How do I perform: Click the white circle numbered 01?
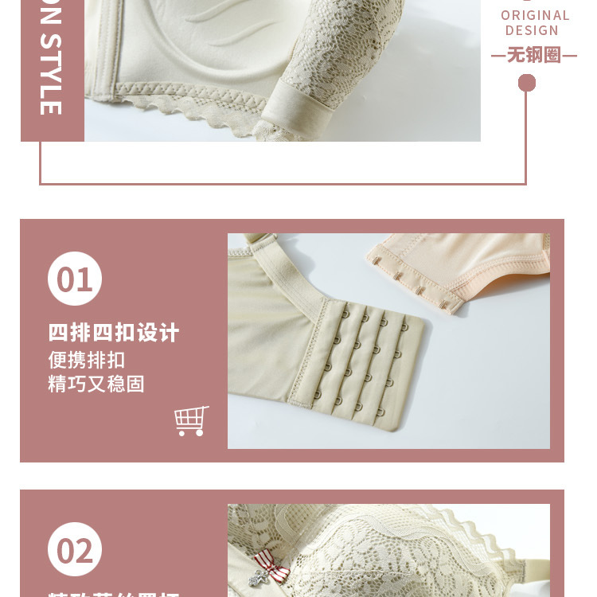click(75, 279)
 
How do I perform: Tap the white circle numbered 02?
click(75, 549)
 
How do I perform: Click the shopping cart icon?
click(191, 420)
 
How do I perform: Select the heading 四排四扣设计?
click(114, 332)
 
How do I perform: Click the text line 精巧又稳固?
click(96, 384)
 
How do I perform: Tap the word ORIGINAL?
click(535, 15)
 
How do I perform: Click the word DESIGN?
click(532, 30)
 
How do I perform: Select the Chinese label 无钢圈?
click(534, 55)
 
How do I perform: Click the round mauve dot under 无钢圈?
click(527, 83)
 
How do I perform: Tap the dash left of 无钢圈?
click(498, 56)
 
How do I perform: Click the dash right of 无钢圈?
click(569, 56)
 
